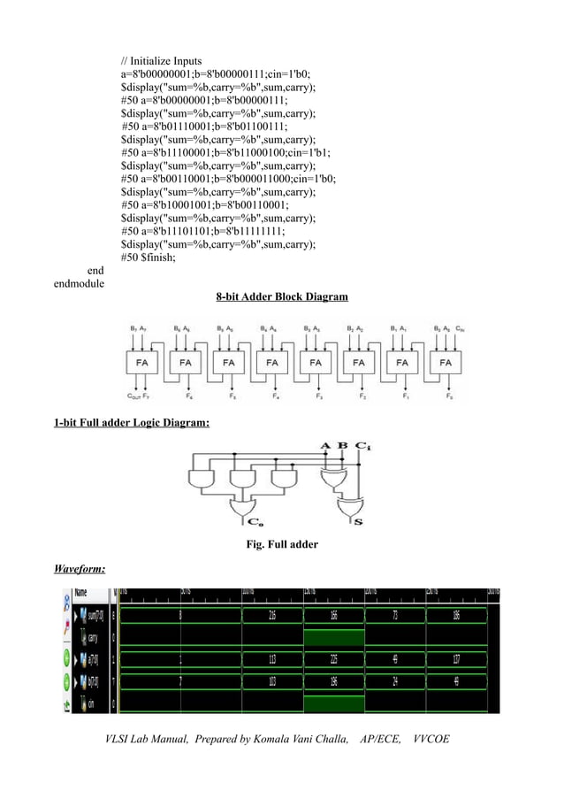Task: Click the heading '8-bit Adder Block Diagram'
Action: tap(282, 296)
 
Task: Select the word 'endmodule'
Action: tap(79, 283)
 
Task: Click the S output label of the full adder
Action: tap(357, 522)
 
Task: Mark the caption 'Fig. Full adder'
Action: tap(281, 544)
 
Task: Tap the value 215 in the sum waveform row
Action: tap(271, 614)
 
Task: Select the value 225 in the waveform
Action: tap(333, 657)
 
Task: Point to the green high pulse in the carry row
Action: tap(333, 637)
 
